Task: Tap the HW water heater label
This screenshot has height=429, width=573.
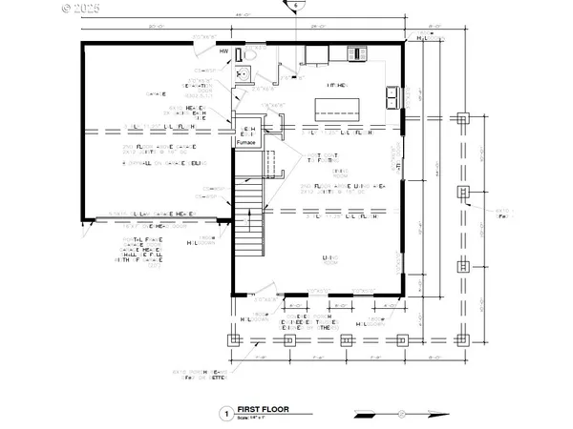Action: click(x=224, y=51)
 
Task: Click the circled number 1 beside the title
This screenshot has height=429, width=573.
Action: click(x=226, y=413)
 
